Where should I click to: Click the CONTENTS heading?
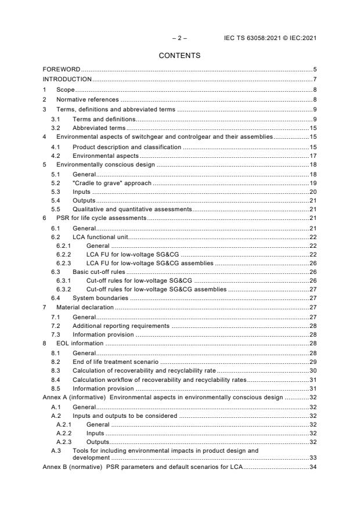pyautogui.click(x=179, y=56)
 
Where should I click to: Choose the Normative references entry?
pyautogui.click(x=88, y=99)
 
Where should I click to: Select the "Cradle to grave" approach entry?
pyautogui.click(x=111, y=183)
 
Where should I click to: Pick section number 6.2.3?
pyautogui.click(x=64, y=263)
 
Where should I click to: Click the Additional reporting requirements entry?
pyautogui.click(x=121, y=326)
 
